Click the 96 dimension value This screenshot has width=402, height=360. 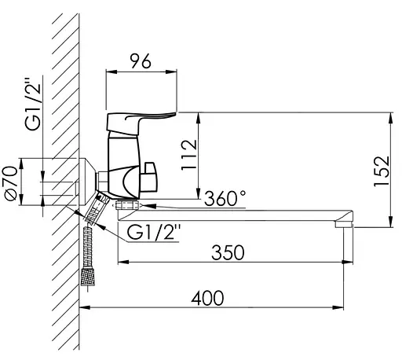(x=141, y=61)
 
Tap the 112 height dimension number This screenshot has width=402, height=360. (x=189, y=155)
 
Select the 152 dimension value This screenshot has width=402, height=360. (x=382, y=171)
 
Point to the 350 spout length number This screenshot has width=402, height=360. (x=228, y=252)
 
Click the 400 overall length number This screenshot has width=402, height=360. (x=207, y=298)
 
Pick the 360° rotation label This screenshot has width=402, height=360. (x=225, y=198)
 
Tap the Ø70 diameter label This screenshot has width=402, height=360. (x=12, y=183)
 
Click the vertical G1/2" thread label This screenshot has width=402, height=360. (x=33, y=104)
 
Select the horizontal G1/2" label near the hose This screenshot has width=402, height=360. (x=154, y=232)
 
